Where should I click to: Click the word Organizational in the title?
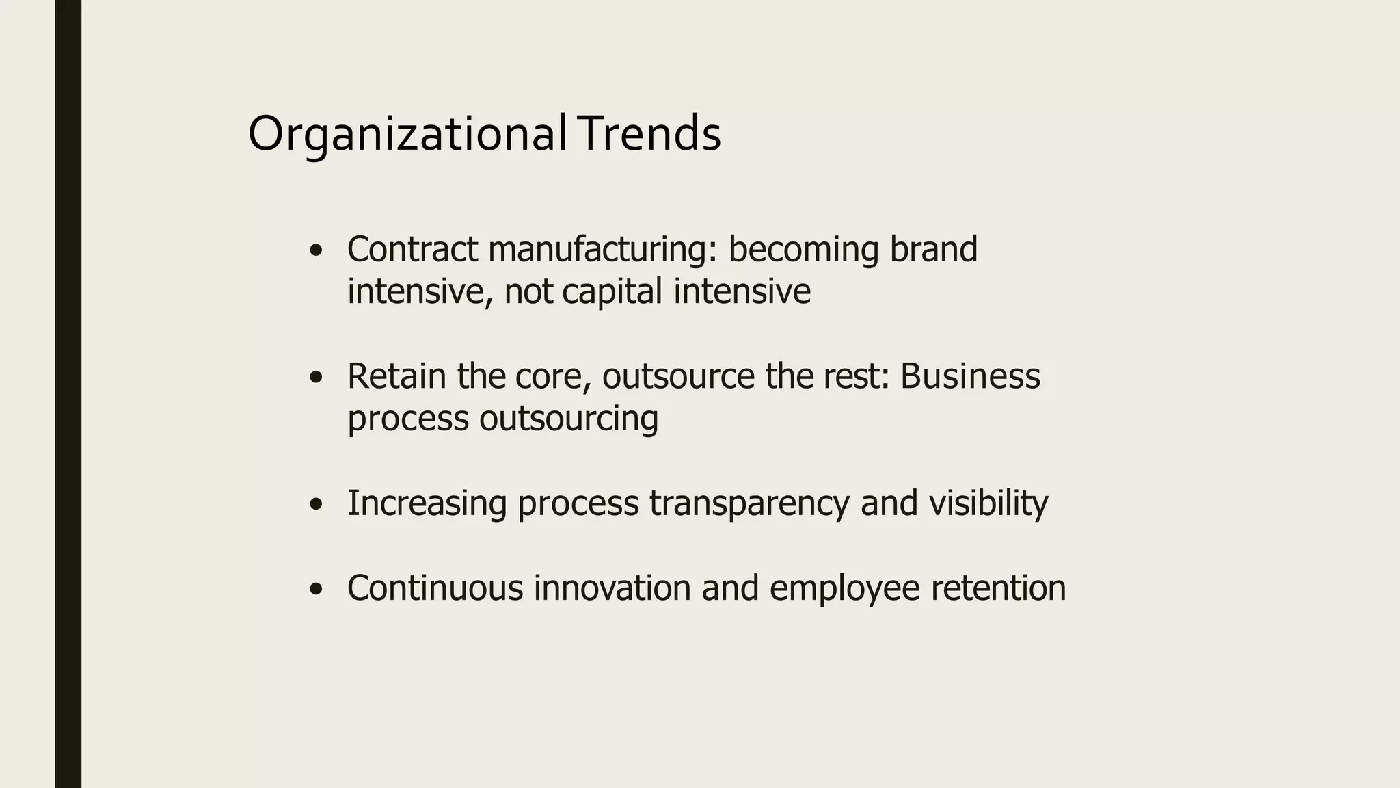click(x=406, y=135)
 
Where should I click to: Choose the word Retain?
click(x=396, y=376)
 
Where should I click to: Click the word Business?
click(x=970, y=376)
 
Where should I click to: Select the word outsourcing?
click(x=568, y=419)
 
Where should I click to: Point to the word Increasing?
click(x=427, y=504)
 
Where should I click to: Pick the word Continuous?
click(x=435, y=588)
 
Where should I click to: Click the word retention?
click(x=998, y=588)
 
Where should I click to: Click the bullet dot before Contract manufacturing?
click(x=315, y=251)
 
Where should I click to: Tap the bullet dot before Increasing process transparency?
click(x=315, y=505)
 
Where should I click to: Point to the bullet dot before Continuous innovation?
click(x=315, y=589)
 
